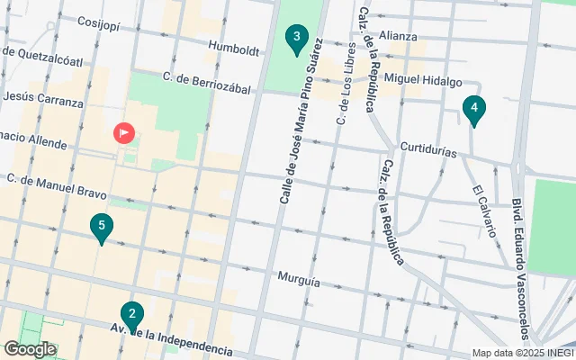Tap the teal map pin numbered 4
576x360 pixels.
473,110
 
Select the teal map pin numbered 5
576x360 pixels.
103,227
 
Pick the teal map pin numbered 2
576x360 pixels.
132,316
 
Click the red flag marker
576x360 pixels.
123,134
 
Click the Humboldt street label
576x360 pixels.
234,47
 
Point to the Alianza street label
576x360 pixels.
397,36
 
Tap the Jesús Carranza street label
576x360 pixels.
43,95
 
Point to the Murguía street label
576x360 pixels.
299,281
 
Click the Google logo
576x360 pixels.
30,348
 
